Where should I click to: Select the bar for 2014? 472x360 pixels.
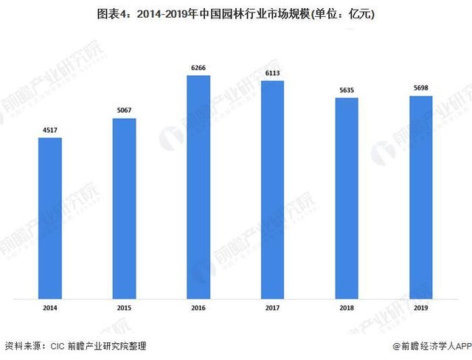(50, 218)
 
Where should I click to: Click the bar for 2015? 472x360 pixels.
(124, 209)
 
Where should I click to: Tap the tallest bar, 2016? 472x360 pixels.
(198, 187)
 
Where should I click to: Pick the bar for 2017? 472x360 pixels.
(272, 190)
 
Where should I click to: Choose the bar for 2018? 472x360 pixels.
(347, 198)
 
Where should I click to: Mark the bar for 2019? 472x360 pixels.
(420, 198)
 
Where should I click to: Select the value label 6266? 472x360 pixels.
(198, 69)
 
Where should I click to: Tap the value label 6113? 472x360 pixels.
(272, 74)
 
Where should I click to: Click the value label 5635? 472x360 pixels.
(347, 91)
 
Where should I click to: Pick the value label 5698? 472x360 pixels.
(420, 89)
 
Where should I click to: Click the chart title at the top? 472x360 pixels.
(236, 13)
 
